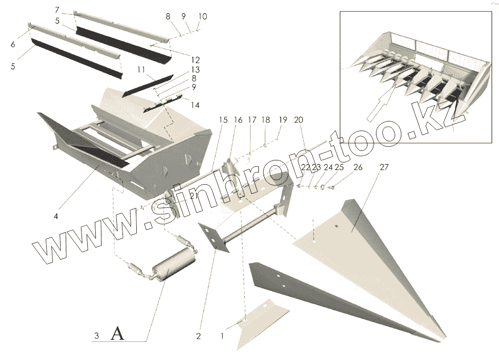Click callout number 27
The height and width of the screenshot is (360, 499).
tap(385, 168)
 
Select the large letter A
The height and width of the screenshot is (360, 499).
tap(117, 334)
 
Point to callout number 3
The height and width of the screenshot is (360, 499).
tap(96, 336)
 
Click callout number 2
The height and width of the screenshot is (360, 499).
tap(198, 336)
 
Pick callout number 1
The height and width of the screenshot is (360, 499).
tap(222, 336)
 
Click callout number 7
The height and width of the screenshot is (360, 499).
tap(57, 10)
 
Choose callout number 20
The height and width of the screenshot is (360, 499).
tap(299, 120)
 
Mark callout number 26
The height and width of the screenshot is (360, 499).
tap(358, 168)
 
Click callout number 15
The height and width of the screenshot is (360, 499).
tap(223, 120)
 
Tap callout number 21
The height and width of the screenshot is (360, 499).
tap(193, 195)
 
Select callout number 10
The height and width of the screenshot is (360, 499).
tap(202, 17)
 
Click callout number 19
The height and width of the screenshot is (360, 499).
tap(283, 120)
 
